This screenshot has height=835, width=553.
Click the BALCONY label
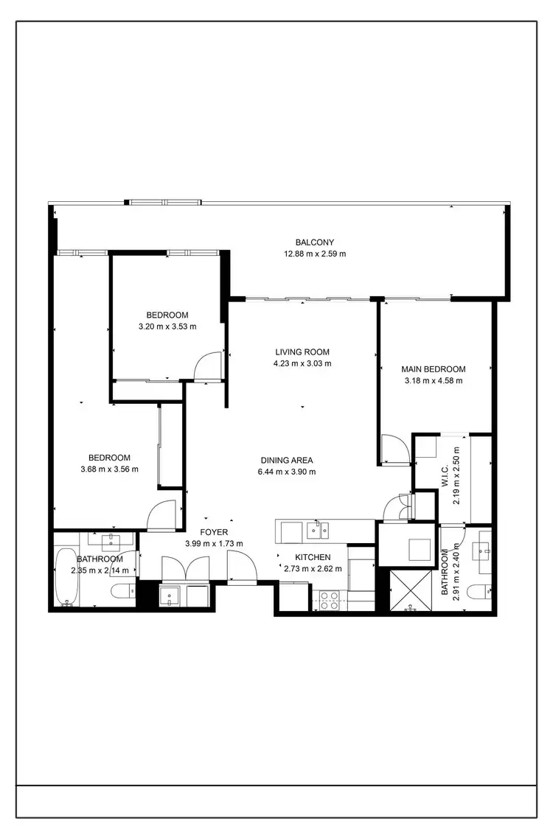315,242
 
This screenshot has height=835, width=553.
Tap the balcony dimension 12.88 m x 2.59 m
315,254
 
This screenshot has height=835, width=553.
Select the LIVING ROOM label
302,352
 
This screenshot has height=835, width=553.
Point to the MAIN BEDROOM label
434,369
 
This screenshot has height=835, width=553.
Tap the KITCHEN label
313,557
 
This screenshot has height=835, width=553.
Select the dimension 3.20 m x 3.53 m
167,326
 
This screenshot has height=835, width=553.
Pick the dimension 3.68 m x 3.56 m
110,469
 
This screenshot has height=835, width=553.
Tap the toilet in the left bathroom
123,590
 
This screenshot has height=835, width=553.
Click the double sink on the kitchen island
319,528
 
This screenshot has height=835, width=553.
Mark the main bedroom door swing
393,448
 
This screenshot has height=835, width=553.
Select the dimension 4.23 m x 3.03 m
302,363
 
